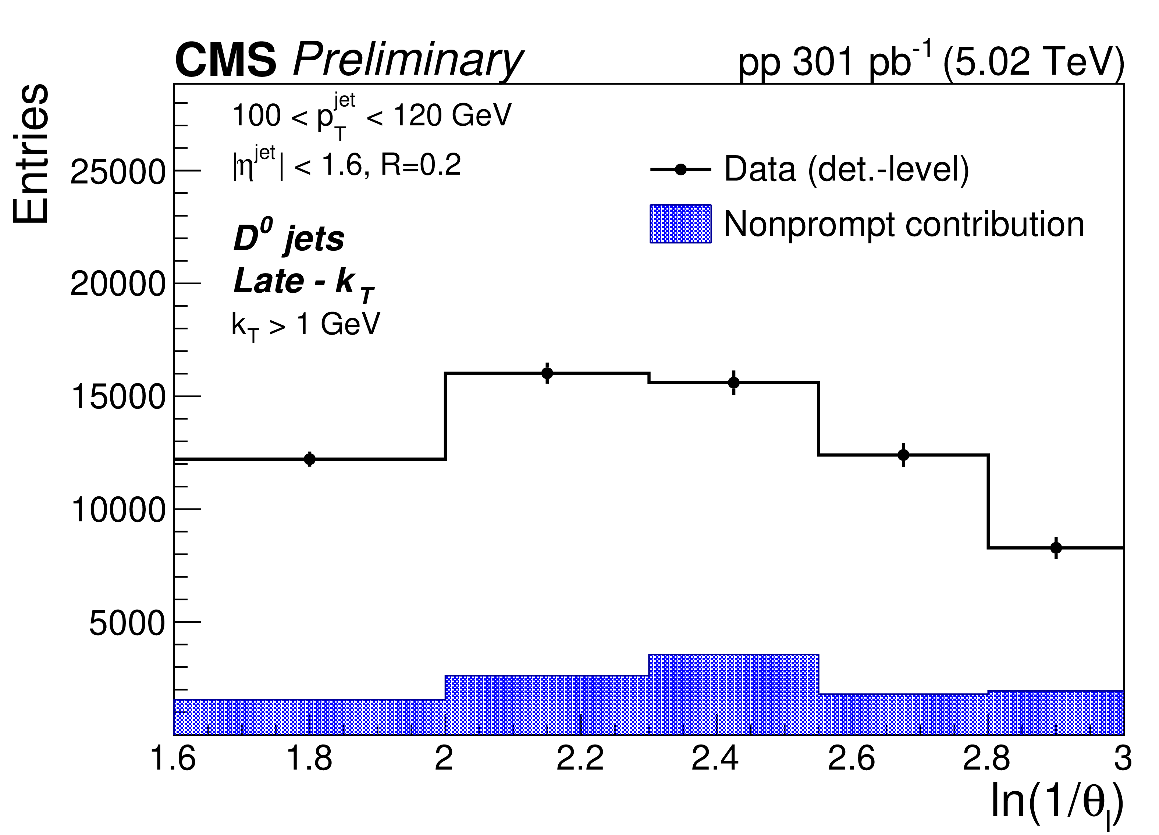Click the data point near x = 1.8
coord(310,459)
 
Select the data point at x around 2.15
coord(547,373)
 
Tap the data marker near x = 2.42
coord(734,382)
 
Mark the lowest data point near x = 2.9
coord(1056,548)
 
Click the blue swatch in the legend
coord(681,224)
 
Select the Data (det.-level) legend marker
coord(681,170)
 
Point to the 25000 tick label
coord(118,172)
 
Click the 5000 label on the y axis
coord(127,623)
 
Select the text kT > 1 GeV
coord(306,324)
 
